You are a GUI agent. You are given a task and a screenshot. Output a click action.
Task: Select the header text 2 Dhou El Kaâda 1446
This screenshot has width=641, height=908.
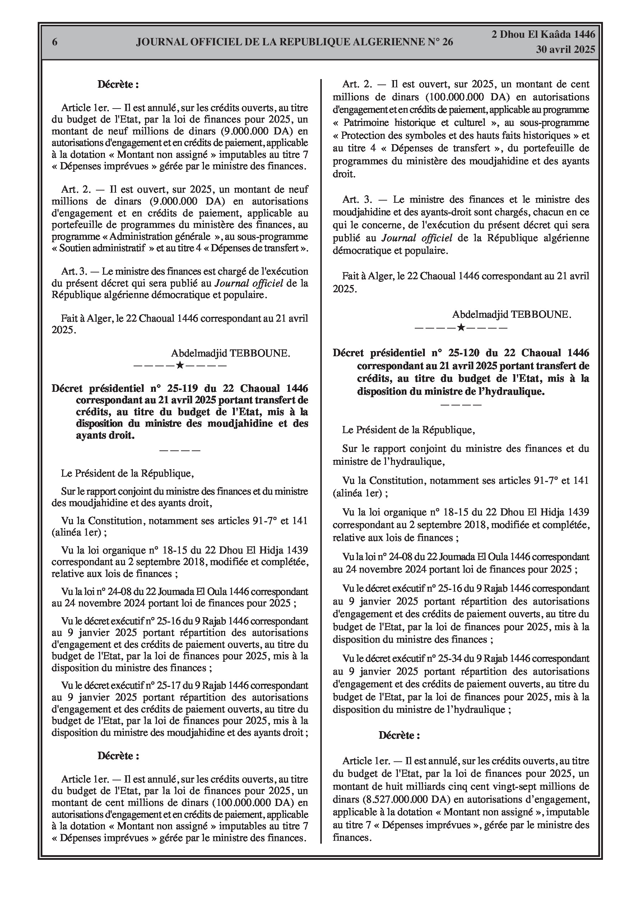[x=543, y=35]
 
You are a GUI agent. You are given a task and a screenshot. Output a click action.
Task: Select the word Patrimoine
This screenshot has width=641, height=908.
[x=366, y=123]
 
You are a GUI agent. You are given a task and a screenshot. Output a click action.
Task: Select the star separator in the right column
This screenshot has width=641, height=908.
[x=460, y=327]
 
